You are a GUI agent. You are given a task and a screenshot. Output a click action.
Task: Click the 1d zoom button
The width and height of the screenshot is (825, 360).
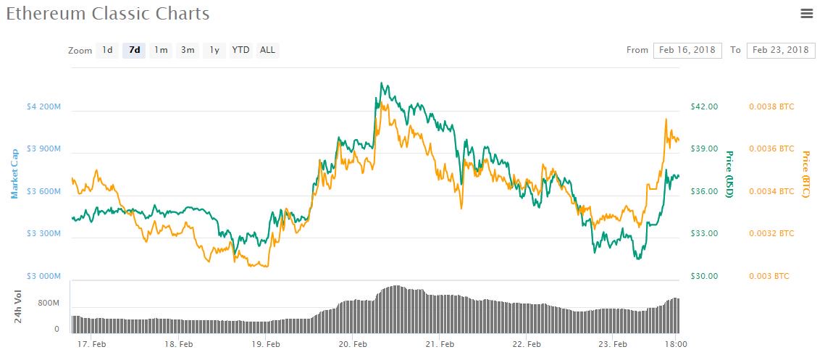click(107, 50)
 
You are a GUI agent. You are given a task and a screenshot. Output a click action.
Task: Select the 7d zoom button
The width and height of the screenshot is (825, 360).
click(134, 50)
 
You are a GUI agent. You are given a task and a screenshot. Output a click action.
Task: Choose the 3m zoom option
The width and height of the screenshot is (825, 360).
click(188, 50)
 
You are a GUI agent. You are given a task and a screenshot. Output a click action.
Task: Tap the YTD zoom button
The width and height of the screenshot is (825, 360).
click(240, 50)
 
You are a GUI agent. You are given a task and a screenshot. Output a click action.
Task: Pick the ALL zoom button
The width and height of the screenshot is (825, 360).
click(267, 50)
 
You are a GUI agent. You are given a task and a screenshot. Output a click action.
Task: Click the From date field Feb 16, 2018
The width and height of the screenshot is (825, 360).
click(687, 50)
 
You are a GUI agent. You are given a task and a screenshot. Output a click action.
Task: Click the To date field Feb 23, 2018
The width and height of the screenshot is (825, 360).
click(780, 50)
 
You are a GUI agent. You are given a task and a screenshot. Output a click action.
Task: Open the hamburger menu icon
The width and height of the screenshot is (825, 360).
click(806, 13)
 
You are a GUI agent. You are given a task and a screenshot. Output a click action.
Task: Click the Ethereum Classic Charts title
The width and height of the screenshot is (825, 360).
click(108, 14)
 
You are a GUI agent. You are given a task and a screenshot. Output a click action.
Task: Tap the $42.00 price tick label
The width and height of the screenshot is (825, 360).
click(704, 106)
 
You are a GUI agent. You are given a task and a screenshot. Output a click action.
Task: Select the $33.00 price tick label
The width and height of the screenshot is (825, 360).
click(704, 233)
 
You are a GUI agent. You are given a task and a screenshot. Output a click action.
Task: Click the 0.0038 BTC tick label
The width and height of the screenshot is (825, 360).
click(771, 106)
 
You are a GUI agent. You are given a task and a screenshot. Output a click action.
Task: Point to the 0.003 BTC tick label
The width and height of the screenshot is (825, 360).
click(769, 276)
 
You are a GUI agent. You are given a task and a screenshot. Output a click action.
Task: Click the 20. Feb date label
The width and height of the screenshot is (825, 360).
click(353, 344)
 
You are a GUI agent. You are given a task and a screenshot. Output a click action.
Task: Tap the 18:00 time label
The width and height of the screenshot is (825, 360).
click(676, 344)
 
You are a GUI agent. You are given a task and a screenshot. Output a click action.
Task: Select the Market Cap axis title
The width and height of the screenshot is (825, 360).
click(14, 173)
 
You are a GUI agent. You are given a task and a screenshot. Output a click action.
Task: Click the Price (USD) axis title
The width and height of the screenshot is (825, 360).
click(730, 174)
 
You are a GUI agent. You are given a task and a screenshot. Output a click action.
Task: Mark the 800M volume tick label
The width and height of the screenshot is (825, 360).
click(48, 304)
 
